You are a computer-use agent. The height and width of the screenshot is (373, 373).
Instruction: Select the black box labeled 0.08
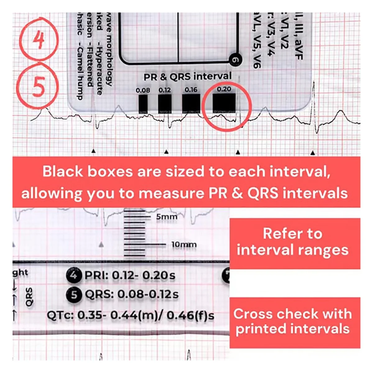[x=143, y=104]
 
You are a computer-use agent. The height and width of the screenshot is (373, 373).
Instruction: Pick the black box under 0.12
[x=165, y=104]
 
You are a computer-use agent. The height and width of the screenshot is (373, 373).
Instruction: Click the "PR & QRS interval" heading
[x=187, y=76]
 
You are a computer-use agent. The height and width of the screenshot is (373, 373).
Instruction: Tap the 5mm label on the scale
[x=167, y=217]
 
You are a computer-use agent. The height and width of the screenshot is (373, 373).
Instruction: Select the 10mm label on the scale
[x=184, y=245]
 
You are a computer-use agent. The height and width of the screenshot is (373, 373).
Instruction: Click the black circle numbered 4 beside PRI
[x=74, y=275]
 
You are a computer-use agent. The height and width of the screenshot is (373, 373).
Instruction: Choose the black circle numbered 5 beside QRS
[x=74, y=294]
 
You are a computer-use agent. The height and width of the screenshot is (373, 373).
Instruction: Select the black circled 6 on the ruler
[x=235, y=60]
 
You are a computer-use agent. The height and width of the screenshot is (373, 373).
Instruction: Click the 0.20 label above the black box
[x=224, y=90]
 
